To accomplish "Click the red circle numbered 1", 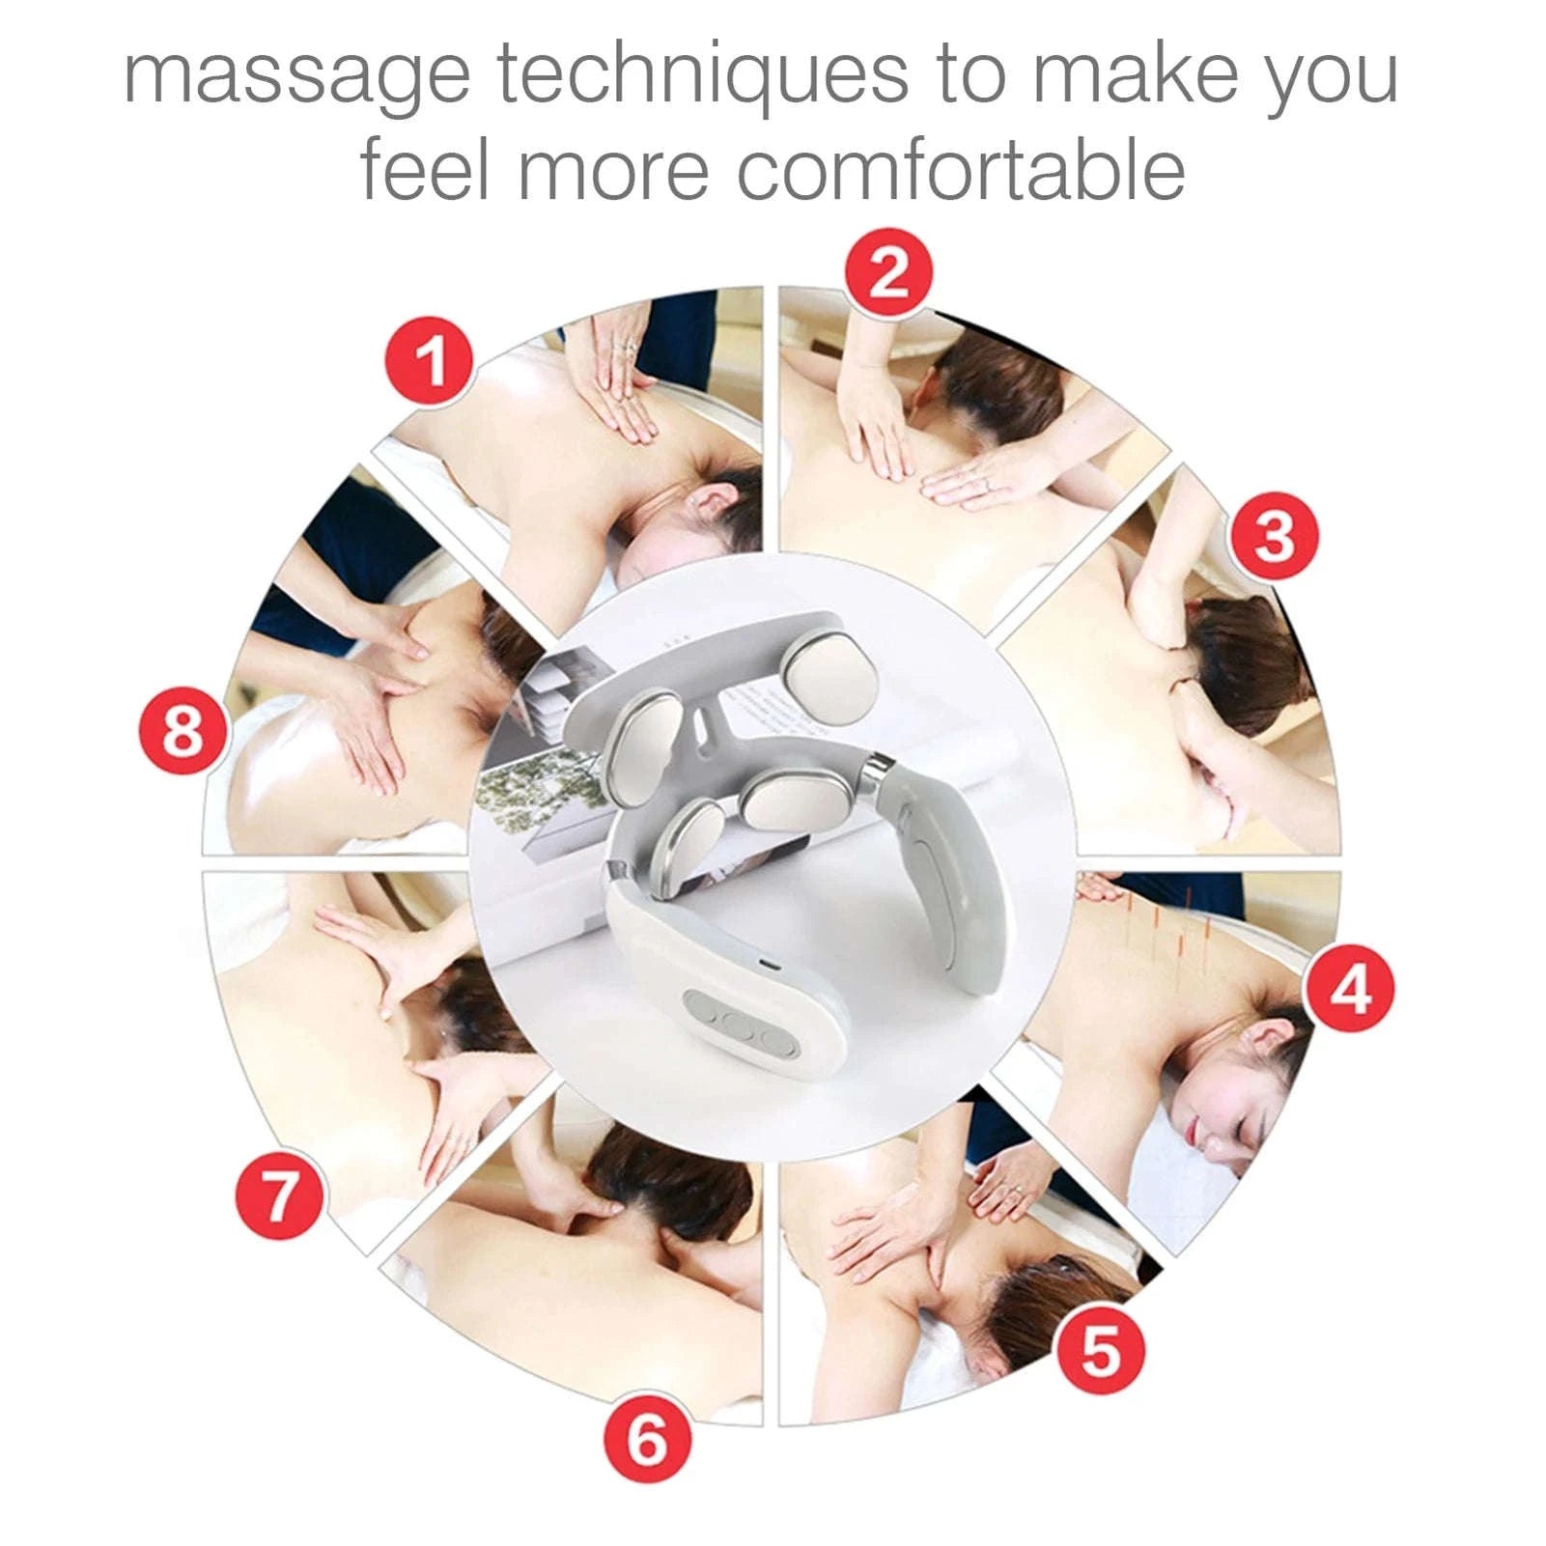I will [430, 361].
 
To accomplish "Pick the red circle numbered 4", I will [1349, 987].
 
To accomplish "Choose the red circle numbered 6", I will [648, 1438].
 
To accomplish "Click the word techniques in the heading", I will [703, 74].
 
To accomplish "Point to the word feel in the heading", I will [425, 168].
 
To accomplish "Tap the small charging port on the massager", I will [765, 966].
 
